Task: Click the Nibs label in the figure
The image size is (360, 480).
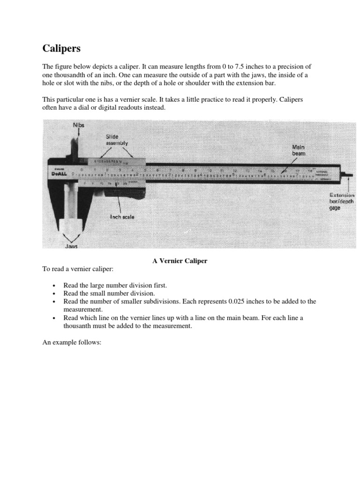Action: [x=79, y=125]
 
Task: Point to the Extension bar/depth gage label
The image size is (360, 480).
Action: [x=342, y=201]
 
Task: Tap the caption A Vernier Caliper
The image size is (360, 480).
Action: [x=180, y=261]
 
